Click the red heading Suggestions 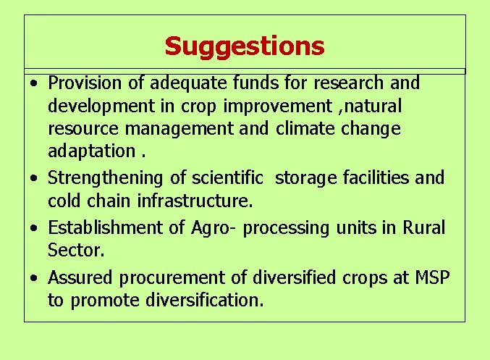(x=245, y=46)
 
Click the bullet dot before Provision (x=34, y=85)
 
